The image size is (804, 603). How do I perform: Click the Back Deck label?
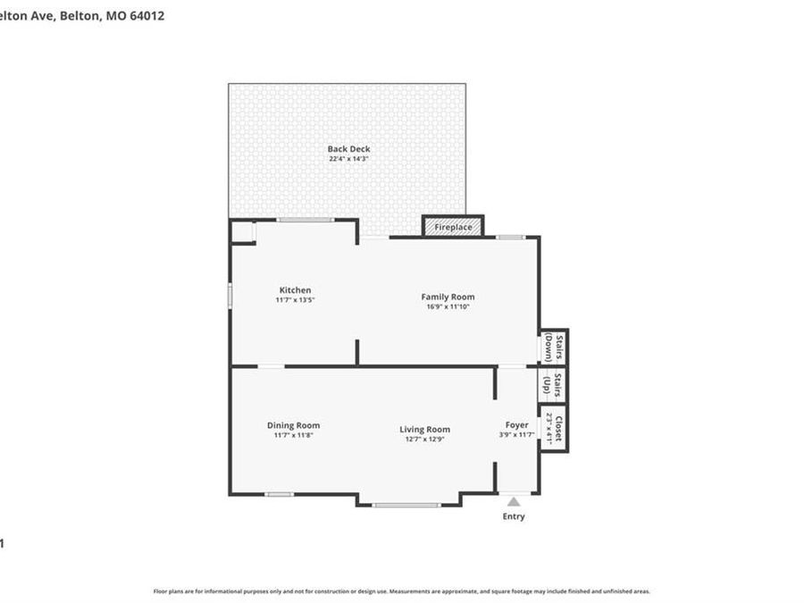click(x=348, y=149)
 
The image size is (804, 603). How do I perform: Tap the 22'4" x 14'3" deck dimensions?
click(x=348, y=159)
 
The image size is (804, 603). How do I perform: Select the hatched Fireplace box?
click(x=453, y=227)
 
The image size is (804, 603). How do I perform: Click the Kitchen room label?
click(x=295, y=290)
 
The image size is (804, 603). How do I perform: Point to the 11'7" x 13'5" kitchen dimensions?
click(x=295, y=300)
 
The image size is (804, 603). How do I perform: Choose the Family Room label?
click(x=448, y=297)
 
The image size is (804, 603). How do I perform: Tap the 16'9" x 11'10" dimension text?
click(x=448, y=306)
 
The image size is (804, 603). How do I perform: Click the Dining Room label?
click(x=293, y=425)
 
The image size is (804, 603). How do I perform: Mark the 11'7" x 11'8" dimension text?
click(x=293, y=435)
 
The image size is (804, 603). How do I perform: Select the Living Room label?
click(x=424, y=430)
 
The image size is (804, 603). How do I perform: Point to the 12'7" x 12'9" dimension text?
click(x=424, y=440)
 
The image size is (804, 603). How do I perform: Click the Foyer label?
click(x=516, y=425)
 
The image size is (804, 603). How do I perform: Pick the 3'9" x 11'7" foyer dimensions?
click(x=516, y=435)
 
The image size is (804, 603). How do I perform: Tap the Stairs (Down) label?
click(x=554, y=347)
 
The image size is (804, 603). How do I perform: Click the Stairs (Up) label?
click(x=553, y=385)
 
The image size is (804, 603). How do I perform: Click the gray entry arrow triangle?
click(x=514, y=502)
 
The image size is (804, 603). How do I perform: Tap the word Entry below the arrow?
click(x=514, y=516)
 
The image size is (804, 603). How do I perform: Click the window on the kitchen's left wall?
click(x=230, y=296)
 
